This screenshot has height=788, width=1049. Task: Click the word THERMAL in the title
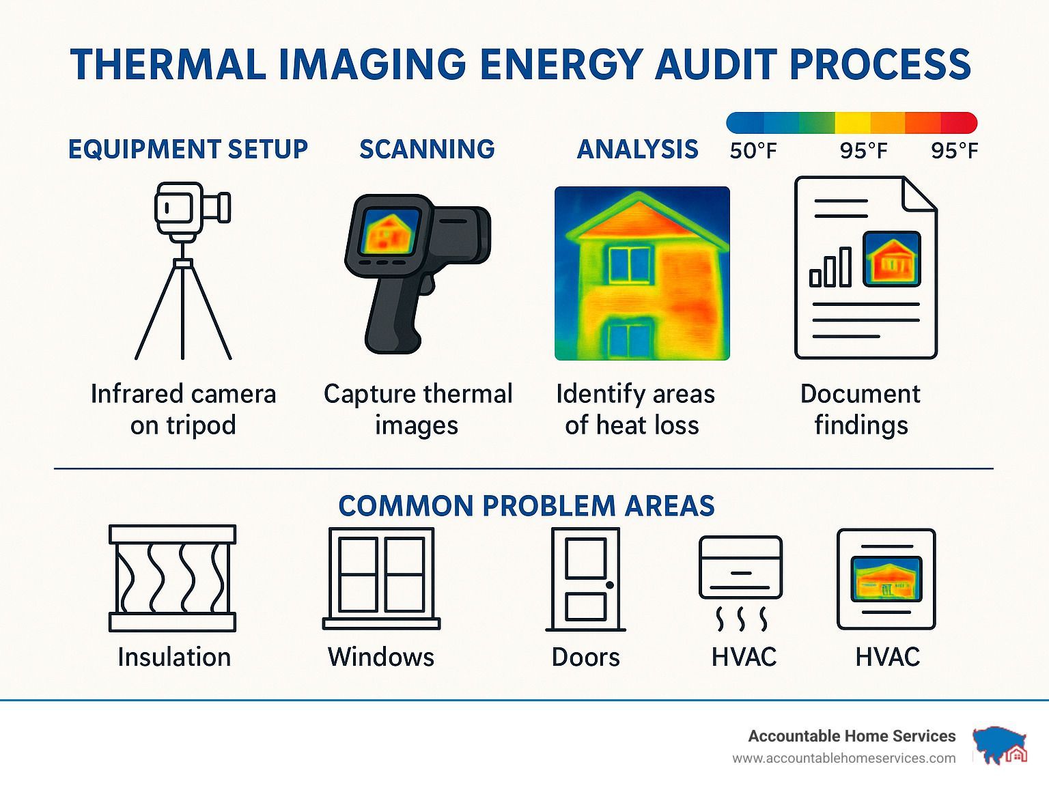point(168,64)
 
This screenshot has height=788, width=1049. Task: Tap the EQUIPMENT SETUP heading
point(188,149)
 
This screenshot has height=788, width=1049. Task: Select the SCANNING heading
point(427,149)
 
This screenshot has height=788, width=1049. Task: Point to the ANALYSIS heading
point(637,149)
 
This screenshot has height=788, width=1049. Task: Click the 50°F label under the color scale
point(753,151)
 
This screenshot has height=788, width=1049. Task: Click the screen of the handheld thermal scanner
point(389,231)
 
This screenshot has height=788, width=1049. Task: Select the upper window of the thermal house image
point(630,264)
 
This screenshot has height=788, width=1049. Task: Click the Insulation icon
point(173,578)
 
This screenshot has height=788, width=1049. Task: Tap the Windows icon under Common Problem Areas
point(381,578)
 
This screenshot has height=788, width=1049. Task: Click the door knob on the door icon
point(610,585)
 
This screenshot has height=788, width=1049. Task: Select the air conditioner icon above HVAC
point(741,583)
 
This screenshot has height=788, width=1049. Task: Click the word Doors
point(585,657)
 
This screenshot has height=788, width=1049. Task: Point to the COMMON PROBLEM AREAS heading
point(526,506)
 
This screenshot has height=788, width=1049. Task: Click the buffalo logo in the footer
point(1000,745)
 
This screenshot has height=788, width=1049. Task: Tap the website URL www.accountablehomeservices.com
point(844,759)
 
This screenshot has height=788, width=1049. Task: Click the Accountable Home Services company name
point(852,736)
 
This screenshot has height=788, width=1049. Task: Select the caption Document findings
point(861,410)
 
